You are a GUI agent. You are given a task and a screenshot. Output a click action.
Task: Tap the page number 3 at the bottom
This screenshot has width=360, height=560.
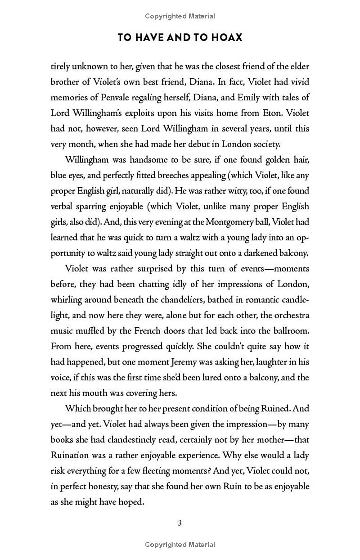180,523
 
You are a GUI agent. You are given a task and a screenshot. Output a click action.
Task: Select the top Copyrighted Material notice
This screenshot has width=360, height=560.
180,16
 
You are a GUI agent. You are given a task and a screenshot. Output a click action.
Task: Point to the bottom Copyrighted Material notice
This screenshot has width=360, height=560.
180,545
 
